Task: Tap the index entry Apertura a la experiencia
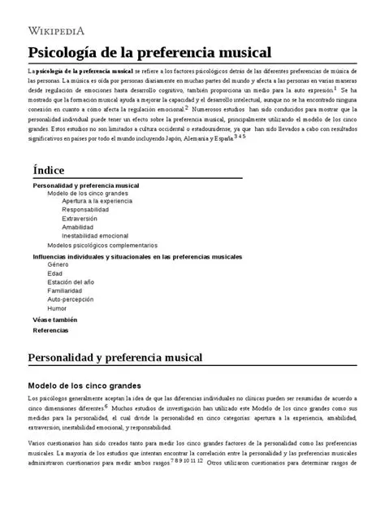[97, 201]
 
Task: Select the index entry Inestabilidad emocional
[95, 236]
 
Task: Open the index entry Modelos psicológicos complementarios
[102, 245]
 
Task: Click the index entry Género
[58, 265]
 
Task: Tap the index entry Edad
[54, 274]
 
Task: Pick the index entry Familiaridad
[64, 291]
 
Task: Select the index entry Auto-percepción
[71, 300]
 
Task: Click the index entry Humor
[57, 309]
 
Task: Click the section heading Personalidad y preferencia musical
[120, 358]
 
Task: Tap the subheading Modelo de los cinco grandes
[85, 385]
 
